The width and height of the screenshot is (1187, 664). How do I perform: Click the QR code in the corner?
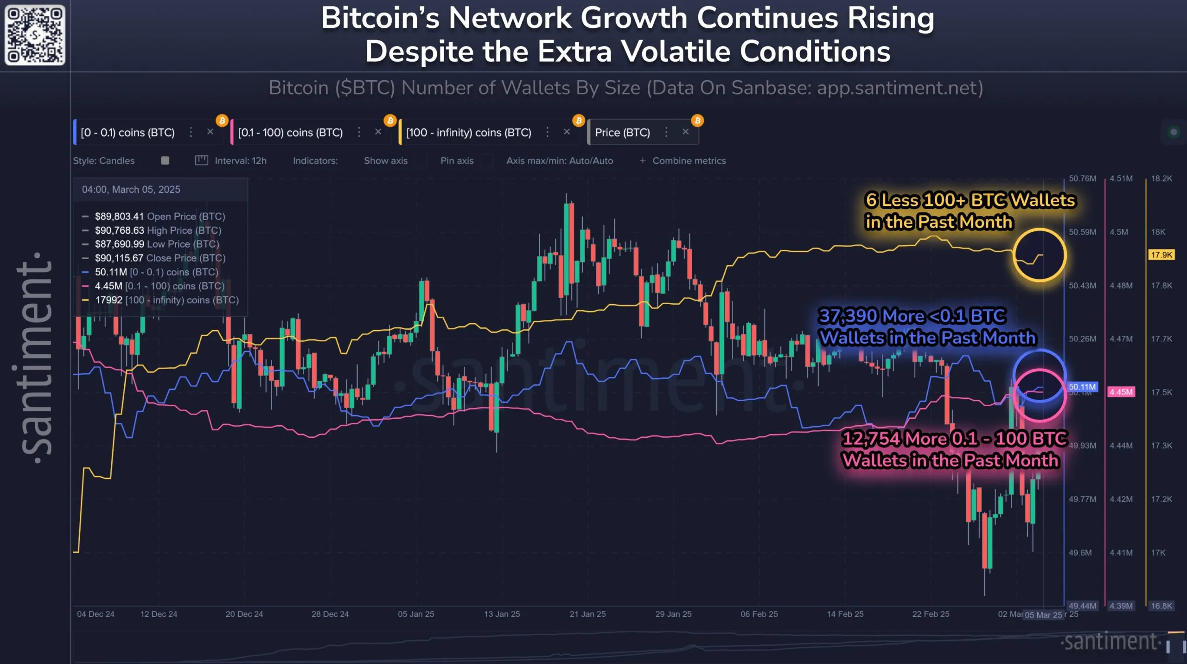coord(35,35)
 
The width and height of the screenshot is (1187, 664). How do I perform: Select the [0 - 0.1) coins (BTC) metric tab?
coord(128,133)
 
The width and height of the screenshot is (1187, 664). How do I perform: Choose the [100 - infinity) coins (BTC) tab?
coord(468,133)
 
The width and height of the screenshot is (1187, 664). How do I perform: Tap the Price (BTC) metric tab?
coord(622,133)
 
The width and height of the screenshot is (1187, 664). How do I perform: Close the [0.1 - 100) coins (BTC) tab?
coord(378,132)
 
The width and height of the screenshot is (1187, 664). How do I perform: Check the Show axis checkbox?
coord(421,161)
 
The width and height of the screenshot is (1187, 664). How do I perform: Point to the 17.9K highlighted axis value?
coord(1161,255)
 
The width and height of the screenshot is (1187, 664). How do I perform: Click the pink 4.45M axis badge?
coord(1121,392)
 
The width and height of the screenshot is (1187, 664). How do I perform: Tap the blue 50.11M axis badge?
coord(1082,387)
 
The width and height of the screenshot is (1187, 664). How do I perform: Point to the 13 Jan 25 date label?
coord(502,614)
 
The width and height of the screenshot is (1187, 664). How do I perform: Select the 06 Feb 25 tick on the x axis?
coord(759,614)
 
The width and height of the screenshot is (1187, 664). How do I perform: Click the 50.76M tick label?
coord(1082,179)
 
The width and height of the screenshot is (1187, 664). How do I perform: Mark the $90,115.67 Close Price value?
coord(119,258)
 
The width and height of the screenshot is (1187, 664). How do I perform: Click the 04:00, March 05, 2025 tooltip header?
coord(131,190)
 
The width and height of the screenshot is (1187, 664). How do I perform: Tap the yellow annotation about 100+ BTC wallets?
coord(970,211)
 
